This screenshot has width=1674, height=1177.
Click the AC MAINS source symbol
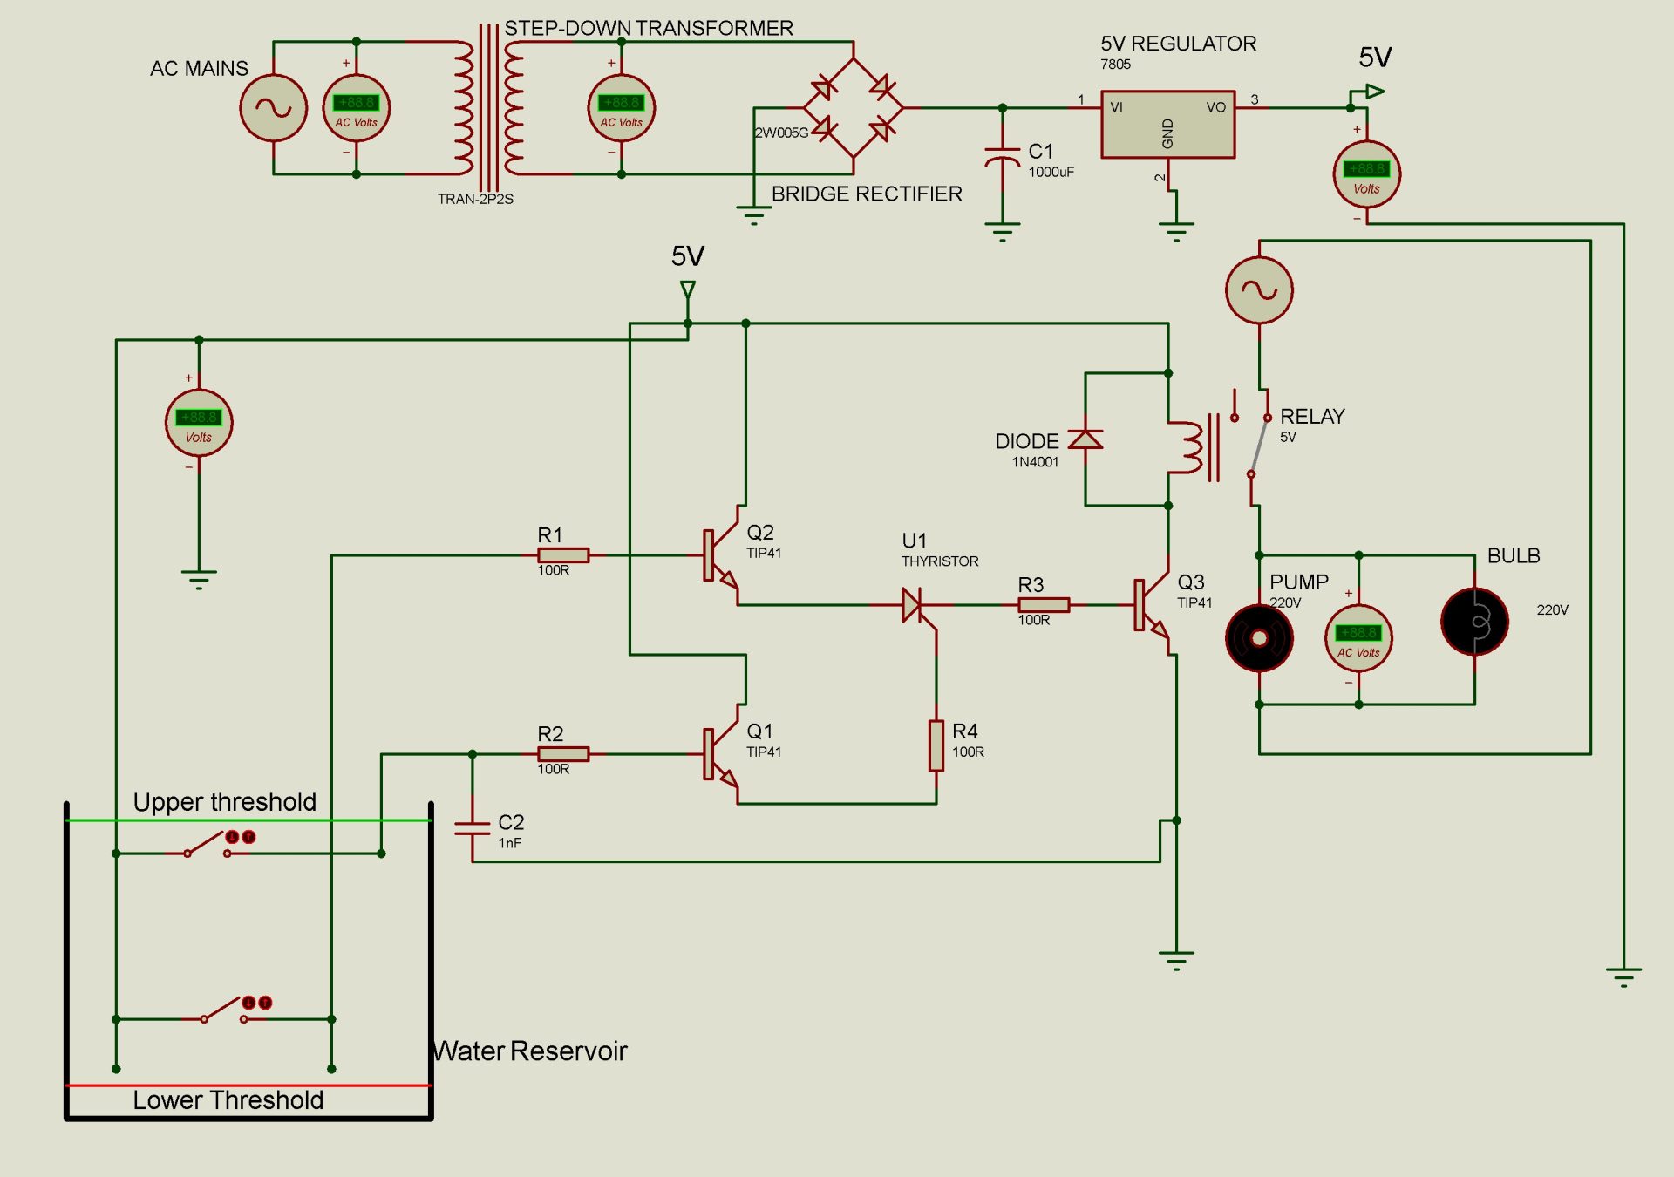(x=273, y=108)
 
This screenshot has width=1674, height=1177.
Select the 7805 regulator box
(x=1167, y=125)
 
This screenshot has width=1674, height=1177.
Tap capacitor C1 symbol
(x=1002, y=157)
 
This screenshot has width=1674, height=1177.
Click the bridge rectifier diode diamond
(x=853, y=108)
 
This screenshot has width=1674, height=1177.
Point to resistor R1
(x=563, y=555)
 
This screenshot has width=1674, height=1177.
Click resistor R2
(x=563, y=754)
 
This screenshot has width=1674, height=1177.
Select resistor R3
(x=1044, y=604)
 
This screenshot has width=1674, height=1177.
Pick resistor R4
(x=936, y=745)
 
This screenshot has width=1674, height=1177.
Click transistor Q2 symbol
(x=720, y=555)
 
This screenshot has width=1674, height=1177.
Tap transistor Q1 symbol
(x=720, y=754)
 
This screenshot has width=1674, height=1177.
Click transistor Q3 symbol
(x=1151, y=604)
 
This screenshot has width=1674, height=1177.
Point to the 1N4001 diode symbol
(x=1085, y=439)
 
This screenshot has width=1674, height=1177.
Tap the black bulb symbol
(x=1474, y=622)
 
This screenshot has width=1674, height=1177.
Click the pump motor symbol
(x=1259, y=638)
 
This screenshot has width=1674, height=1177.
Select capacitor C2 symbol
(x=472, y=828)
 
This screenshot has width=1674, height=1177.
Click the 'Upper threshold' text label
(x=224, y=801)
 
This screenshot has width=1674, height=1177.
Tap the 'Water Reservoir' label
(x=531, y=1051)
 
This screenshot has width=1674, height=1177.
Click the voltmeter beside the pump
(x=1358, y=638)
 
